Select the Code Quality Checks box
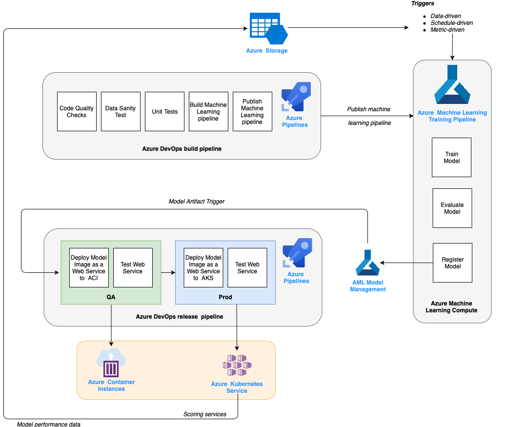click(x=77, y=112)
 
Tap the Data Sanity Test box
click(x=121, y=112)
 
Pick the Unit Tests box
click(x=164, y=112)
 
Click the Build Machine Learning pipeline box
click(x=208, y=112)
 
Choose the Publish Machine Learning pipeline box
click(x=252, y=112)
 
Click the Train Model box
click(x=451, y=157)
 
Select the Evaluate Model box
click(x=452, y=208)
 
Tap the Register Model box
click(x=452, y=263)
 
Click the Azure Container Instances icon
click(x=111, y=363)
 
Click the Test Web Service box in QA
click(x=133, y=268)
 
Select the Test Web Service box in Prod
click(x=247, y=268)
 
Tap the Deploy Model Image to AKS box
click(x=203, y=268)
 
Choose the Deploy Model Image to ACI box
click(x=89, y=268)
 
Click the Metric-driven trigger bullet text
click(x=447, y=30)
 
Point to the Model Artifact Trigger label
click(x=197, y=201)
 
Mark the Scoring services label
click(x=205, y=414)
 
